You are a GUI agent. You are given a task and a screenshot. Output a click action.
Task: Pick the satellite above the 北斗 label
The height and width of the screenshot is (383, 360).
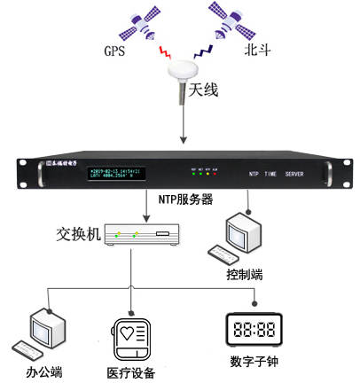(223, 23)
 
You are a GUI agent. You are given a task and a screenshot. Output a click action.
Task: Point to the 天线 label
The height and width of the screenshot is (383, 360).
(202, 90)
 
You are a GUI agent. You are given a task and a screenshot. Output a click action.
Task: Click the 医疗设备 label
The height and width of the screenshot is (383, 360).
(131, 372)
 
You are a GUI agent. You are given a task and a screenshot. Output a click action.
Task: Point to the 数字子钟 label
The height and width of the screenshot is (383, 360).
(254, 362)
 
